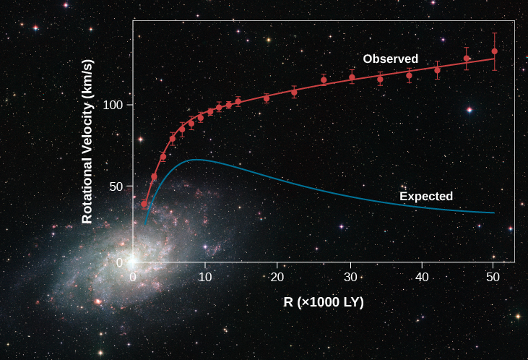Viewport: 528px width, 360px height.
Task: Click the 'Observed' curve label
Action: click(390, 59)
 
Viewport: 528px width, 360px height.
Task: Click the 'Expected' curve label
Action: click(426, 196)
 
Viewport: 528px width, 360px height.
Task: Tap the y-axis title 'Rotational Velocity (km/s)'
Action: click(87, 151)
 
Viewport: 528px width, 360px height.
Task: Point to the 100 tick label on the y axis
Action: click(113, 105)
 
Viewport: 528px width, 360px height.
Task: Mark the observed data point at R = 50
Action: click(494, 51)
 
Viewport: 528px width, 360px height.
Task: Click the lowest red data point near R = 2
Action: click(144, 205)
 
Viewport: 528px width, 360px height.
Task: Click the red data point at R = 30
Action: click(352, 77)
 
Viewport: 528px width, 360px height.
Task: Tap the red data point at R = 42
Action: click(437, 69)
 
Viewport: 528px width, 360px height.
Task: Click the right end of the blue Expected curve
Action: click(494, 213)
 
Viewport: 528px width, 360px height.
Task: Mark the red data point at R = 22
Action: click(294, 92)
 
